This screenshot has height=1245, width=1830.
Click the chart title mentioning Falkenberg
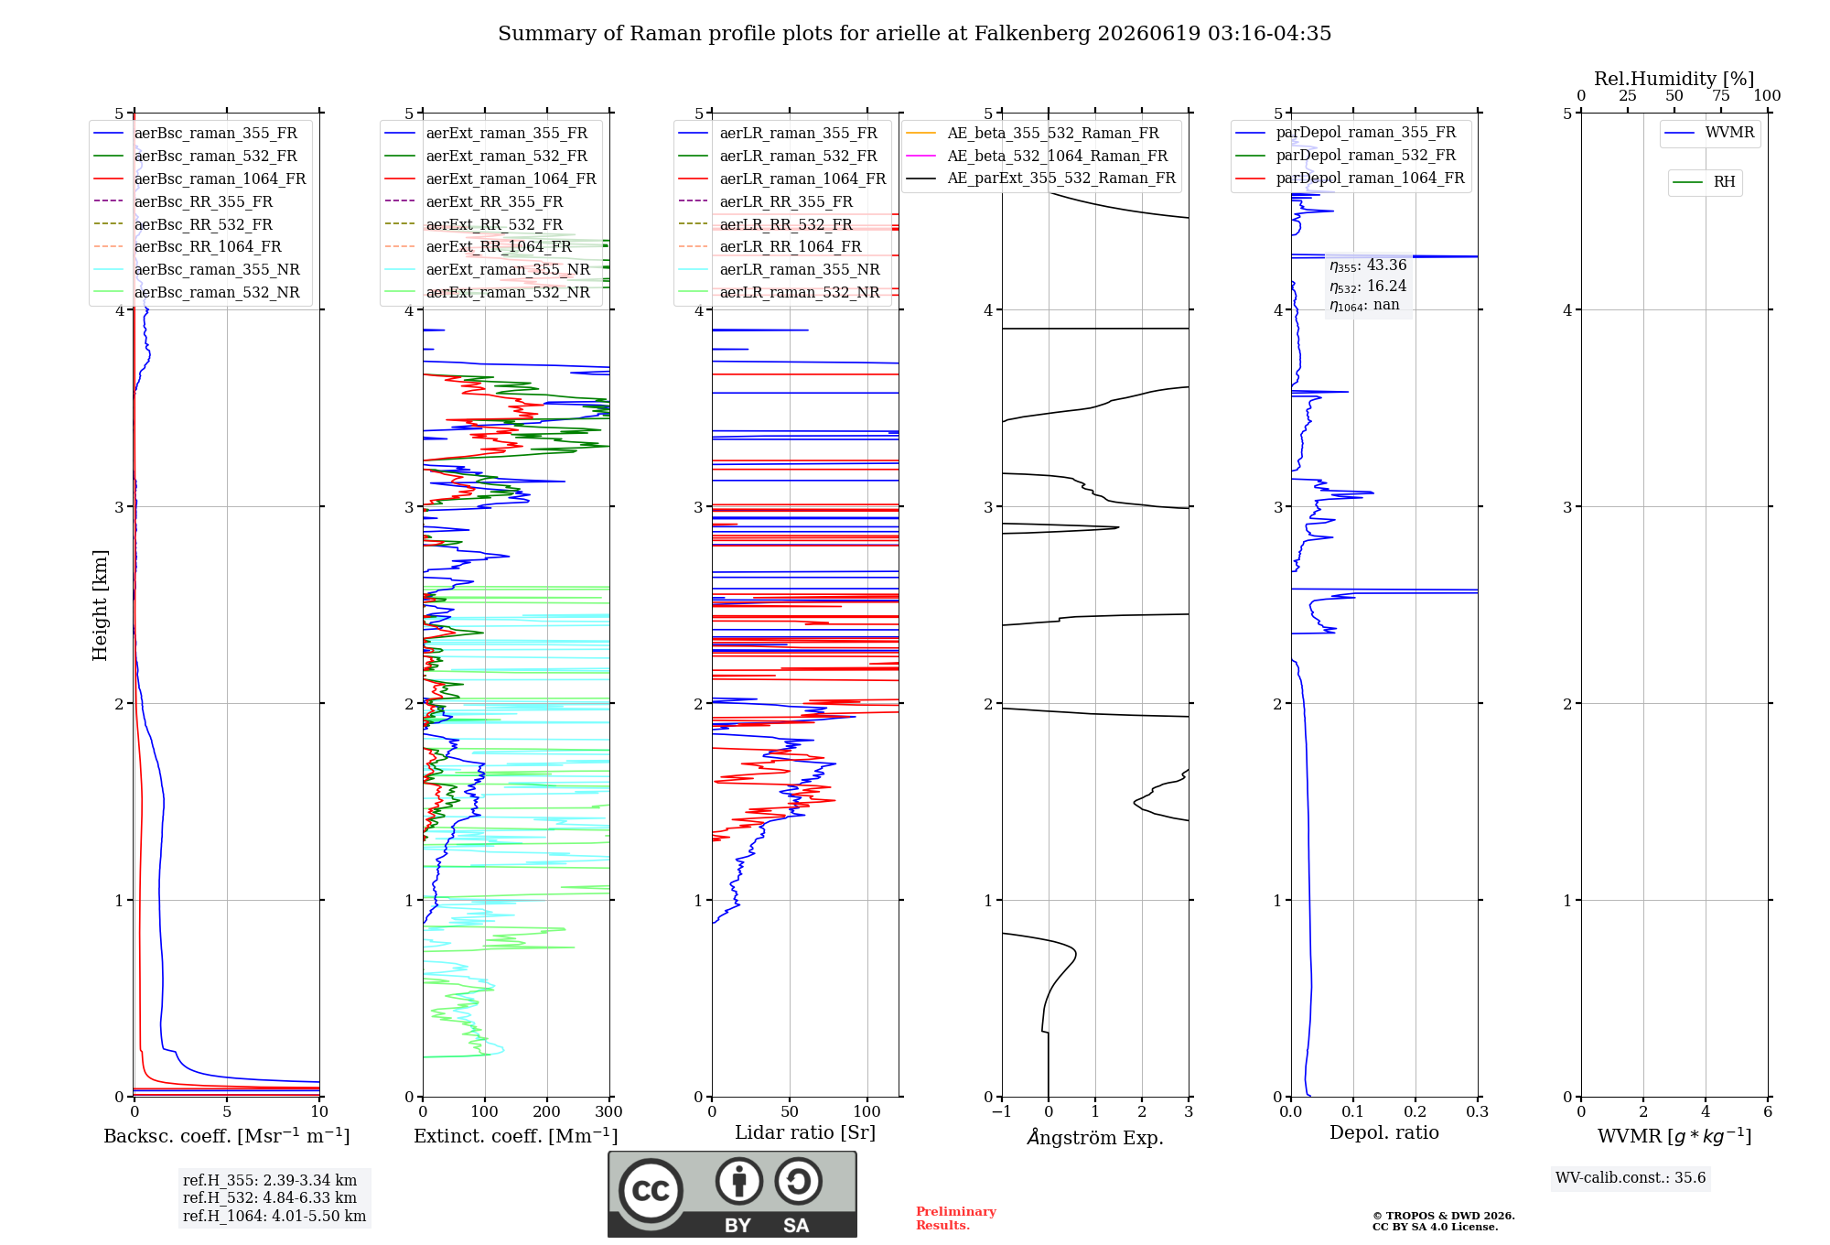pos(914,34)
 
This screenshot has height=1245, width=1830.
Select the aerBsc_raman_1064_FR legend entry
pos(199,179)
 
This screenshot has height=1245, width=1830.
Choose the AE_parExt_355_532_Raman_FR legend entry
pos(1041,178)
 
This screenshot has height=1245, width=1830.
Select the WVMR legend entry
pos(1709,133)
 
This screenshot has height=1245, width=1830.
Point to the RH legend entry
pos(1705,182)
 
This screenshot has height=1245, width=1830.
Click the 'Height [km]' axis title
pos(100,605)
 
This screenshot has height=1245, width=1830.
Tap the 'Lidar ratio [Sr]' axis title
pos(805,1132)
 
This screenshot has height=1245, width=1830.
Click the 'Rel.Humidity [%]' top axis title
pos(1674,79)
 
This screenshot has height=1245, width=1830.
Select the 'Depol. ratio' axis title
pos(1384,1132)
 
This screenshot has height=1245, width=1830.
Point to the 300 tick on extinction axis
pos(609,1111)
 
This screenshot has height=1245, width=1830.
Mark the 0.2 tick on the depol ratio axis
pos(1416,1111)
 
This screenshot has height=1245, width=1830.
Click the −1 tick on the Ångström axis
pos(1002,1111)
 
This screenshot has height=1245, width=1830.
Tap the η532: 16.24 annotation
pos(1368,287)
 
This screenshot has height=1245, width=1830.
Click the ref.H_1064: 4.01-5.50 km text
pos(274,1216)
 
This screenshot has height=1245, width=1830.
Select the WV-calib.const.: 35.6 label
pos(1631,1178)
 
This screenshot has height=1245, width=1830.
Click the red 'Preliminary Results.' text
pos(956,1218)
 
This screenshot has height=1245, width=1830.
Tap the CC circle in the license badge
pos(651,1190)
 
